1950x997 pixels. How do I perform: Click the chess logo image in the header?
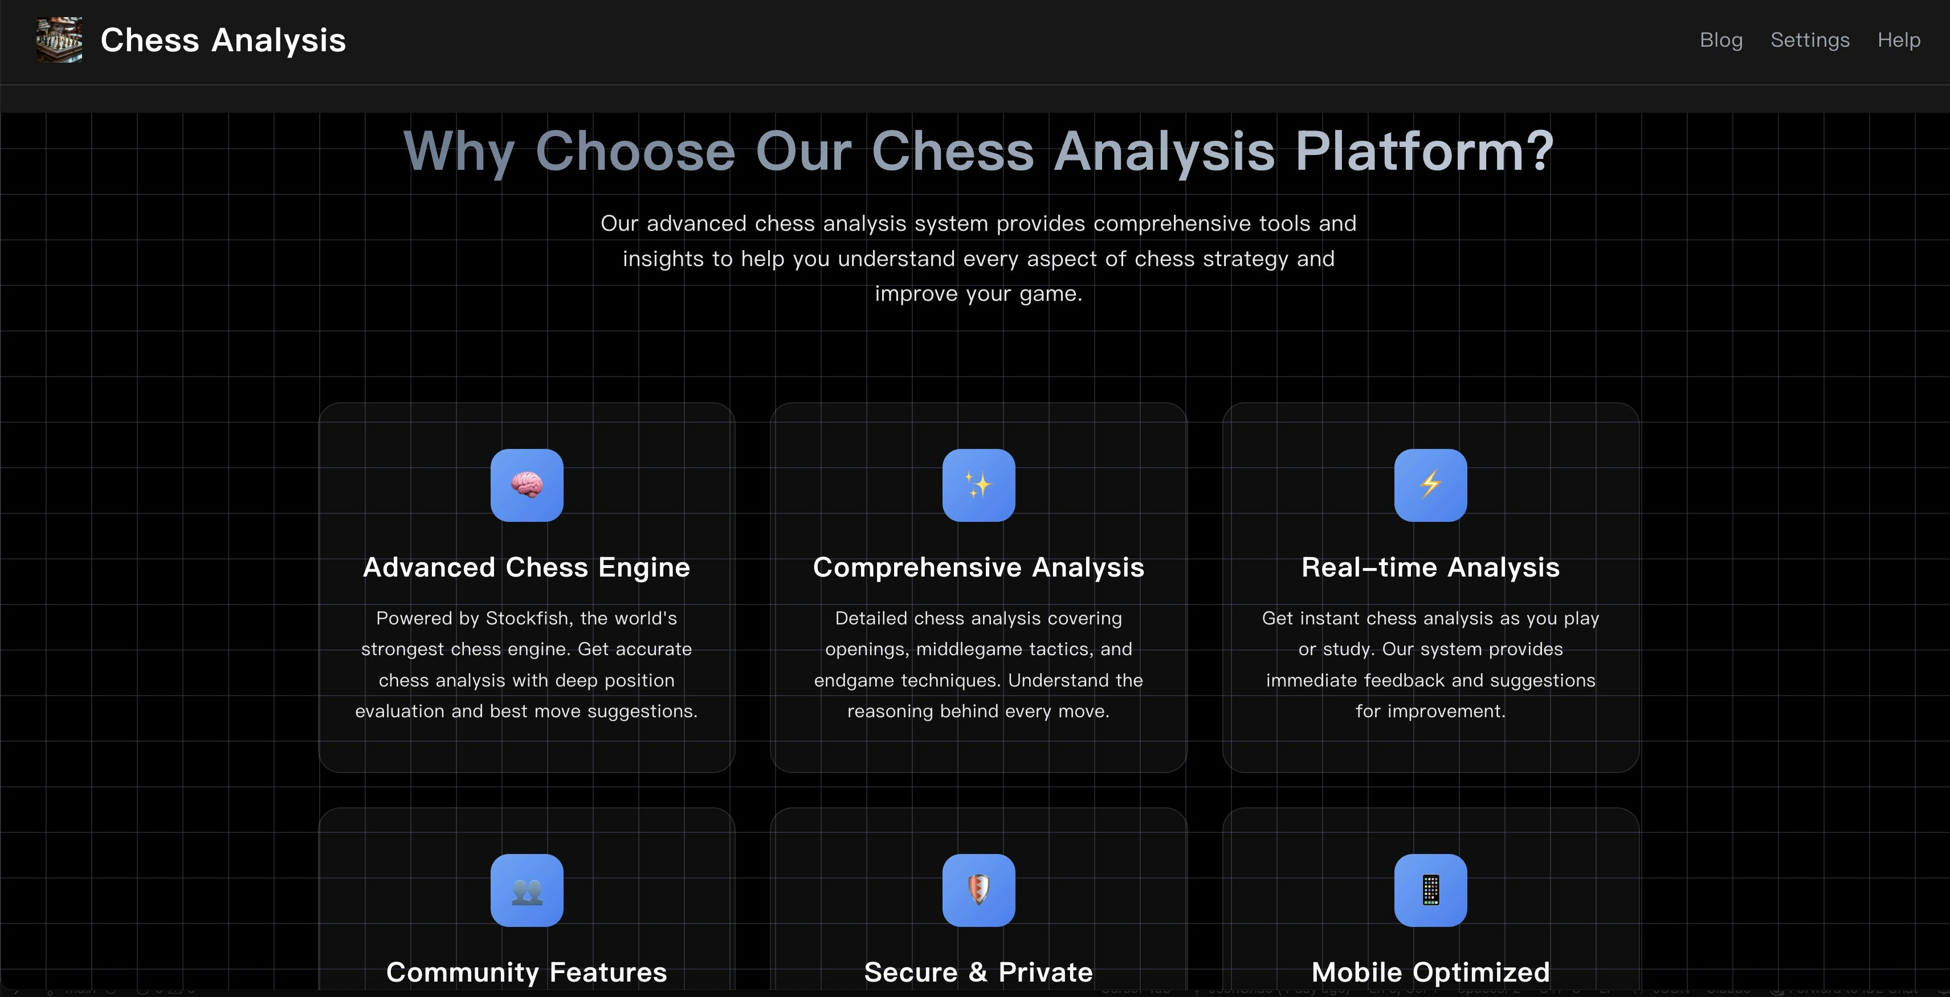point(59,40)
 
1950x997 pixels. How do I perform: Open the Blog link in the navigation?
point(1720,40)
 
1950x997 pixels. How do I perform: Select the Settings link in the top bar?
point(1809,40)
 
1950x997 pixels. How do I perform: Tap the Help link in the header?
point(1899,40)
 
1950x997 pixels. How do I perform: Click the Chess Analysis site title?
point(223,40)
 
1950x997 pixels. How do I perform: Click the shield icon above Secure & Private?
point(978,890)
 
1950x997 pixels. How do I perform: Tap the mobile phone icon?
point(1430,890)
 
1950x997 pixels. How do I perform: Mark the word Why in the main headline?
point(459,152)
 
